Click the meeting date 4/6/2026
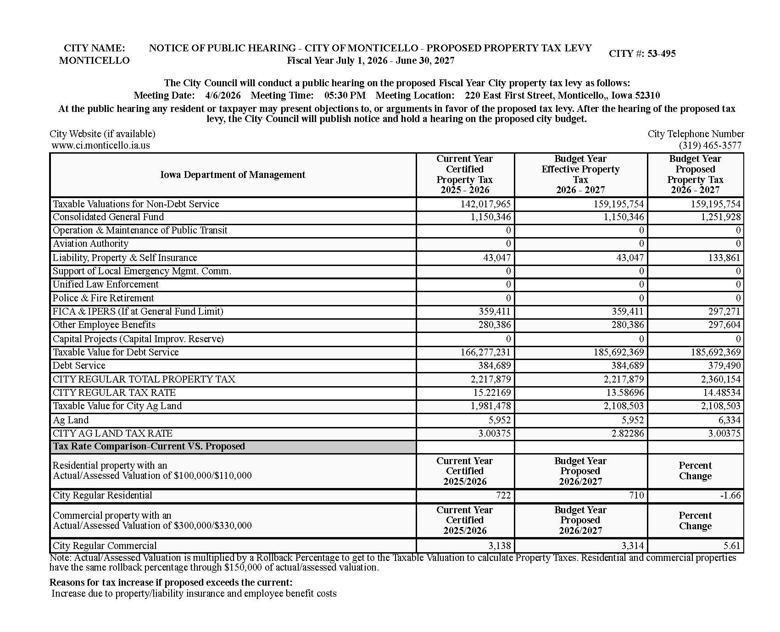223,95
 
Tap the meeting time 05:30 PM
345,95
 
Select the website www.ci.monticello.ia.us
101,145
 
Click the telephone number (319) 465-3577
710,145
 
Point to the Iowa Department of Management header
233,175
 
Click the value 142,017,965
485,204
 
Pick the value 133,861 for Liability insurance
724,258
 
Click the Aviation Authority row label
90,244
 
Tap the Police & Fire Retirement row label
103,298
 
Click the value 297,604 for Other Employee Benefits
724,325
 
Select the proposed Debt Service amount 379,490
724,366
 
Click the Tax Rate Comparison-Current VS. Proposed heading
149,446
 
